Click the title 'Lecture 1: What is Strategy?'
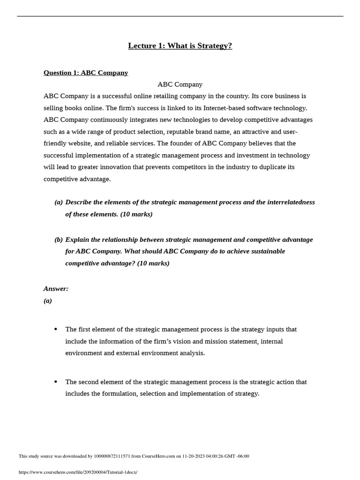click(180, 46)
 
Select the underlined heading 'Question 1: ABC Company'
click(86, 73)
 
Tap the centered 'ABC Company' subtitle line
click(180, 84)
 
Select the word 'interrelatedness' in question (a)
click(291, 202)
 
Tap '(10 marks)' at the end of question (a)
click(136, 214)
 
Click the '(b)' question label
click(59, 240)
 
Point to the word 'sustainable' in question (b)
click(265, 251)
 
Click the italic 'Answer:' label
click(56, 289)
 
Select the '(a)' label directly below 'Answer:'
click(48, 301)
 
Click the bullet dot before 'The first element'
click(56, 329)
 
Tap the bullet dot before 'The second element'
click(56, 382)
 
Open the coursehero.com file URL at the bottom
click(78, 472)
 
